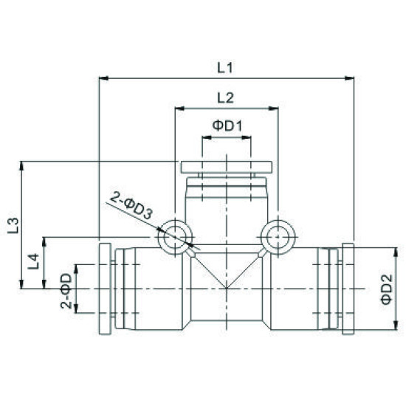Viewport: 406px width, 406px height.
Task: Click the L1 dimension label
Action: click(x=226, y=67)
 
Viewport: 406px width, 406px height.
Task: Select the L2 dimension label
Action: click(x=226, y=97)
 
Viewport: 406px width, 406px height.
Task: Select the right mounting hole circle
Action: click(x=278, y=237)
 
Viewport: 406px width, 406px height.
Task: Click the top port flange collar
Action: click(x=227, y=167)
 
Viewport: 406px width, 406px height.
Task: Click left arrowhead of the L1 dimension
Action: click(x=102, y=77)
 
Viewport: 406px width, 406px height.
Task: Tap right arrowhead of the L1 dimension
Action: click(x=350, y=77)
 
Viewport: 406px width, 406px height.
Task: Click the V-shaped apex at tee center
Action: click(x=227, y=288)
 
